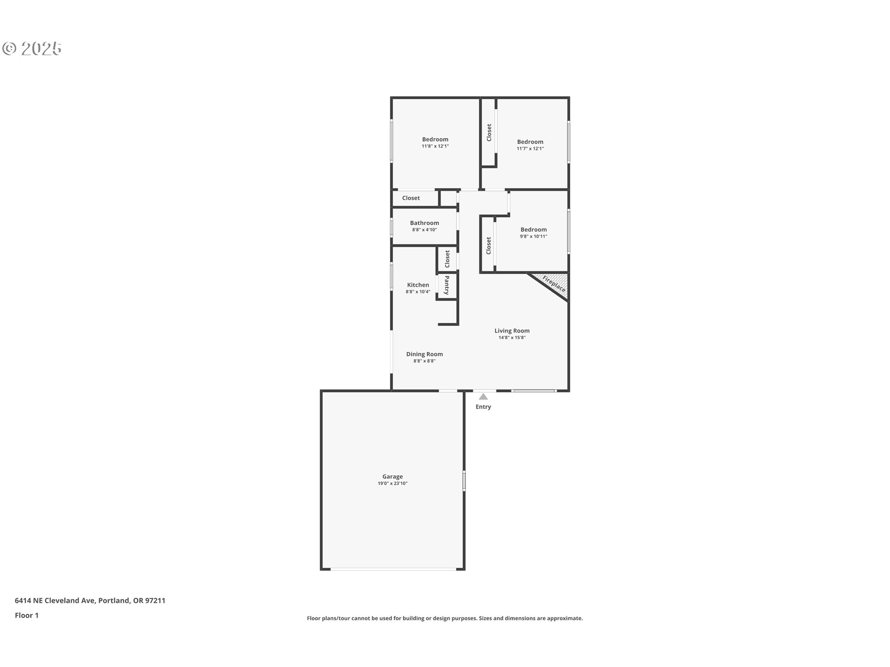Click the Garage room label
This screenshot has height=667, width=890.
click(393, 477)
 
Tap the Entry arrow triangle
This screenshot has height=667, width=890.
click(483, 397)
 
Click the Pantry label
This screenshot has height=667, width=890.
click(447, 285)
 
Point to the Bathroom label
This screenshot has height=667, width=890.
click(425, 223)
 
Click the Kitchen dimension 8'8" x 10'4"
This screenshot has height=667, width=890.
click(418, 292)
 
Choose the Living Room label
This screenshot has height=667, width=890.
click(512, 331)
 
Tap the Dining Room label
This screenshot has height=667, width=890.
click(425, 354)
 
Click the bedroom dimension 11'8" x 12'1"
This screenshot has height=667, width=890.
click(435, 146)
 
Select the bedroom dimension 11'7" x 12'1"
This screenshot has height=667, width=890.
click(530, 149)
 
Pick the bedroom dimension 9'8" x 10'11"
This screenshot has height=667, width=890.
click(534, 236)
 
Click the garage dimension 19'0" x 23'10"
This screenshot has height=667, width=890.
click(393, 484)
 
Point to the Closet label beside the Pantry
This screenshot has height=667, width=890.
click(447, 259)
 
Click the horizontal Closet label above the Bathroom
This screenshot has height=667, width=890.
click(411, 198)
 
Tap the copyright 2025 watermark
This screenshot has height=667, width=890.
click(32, 49)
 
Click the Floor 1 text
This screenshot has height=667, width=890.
click(27, 615)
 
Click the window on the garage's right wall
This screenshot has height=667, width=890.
click(464, 481)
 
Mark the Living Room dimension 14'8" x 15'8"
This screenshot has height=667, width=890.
click(512, 338)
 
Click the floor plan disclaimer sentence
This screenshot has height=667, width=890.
click(445, 618)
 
